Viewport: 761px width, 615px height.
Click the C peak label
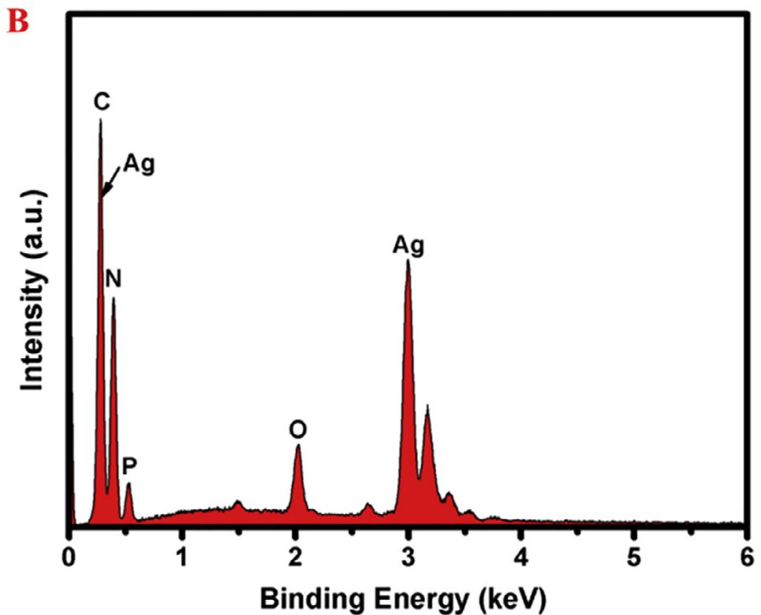pos(102,102)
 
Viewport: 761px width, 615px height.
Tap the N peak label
pos(113,279)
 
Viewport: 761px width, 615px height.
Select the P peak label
pos(129,466)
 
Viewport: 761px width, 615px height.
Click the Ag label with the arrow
pos(139,164)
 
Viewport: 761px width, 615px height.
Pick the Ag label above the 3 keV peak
pos(408,246)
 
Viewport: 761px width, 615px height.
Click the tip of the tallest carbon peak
pos(100,120)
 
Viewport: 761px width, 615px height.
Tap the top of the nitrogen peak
pos(113,298)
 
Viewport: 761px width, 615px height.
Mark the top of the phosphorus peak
pos(128,484)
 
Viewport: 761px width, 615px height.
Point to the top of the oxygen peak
pos(298,445)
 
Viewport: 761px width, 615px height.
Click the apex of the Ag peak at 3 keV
pos(408,260)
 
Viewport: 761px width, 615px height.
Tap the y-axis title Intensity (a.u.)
pos(33,291)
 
